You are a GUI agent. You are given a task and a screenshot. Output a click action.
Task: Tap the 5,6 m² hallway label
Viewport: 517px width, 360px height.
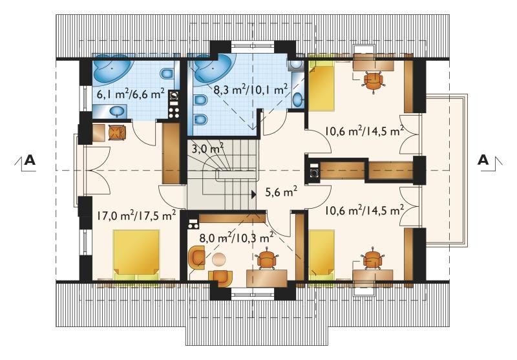point(282,191)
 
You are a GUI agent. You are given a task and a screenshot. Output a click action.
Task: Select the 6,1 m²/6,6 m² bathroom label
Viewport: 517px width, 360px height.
point(131,94)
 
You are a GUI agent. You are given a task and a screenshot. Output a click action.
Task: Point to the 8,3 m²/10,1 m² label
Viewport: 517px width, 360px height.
point(251,89)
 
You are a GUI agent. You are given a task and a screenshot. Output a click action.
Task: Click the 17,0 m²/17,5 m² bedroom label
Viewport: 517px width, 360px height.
point(136,216)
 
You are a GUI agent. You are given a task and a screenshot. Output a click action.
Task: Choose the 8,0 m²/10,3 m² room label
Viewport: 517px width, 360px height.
point(237,237)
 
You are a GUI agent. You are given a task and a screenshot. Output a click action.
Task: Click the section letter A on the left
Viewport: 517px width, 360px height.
point(30,160)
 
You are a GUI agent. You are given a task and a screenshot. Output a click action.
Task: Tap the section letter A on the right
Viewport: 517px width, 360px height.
point(483,160)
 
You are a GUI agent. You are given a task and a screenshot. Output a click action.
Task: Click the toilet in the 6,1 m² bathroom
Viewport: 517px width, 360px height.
point(167,74)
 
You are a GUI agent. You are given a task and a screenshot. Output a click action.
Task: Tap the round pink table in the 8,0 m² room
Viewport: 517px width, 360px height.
point(218,259)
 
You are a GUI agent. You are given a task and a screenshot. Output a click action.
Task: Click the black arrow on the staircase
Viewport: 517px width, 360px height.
point(253,195)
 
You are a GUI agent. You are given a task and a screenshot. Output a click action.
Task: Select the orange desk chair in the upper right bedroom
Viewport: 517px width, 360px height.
point(374,79)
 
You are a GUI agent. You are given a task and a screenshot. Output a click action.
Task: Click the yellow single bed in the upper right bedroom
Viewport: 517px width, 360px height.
point(321,87)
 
